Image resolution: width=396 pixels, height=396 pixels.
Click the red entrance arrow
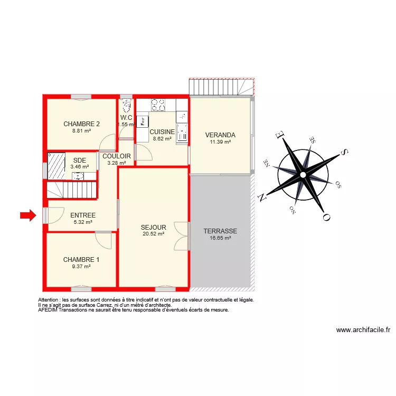tap(27, 215)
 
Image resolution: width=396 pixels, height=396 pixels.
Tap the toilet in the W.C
tap(126, 106)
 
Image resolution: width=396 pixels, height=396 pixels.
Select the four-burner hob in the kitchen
tap(158, 105)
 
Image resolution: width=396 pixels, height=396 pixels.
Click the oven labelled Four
tap(142, 121)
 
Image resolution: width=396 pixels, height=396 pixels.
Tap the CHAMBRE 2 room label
tap(82, 124)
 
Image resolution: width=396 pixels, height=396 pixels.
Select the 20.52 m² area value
tap(153, 234)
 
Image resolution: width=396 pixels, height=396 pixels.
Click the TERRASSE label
tap(220, 231)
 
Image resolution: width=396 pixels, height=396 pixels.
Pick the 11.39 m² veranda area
tap(220, 142)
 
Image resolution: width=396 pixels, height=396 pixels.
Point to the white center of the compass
tap(303, 175)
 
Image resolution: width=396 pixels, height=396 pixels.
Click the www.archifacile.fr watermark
tap(363, 331)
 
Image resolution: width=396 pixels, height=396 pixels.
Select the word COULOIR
tap(117, 156)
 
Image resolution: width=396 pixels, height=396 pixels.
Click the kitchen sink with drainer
tap(182, 132)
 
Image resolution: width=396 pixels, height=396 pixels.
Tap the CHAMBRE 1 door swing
tap(104, 240)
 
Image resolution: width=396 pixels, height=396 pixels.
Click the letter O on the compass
tap(326, 216)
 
